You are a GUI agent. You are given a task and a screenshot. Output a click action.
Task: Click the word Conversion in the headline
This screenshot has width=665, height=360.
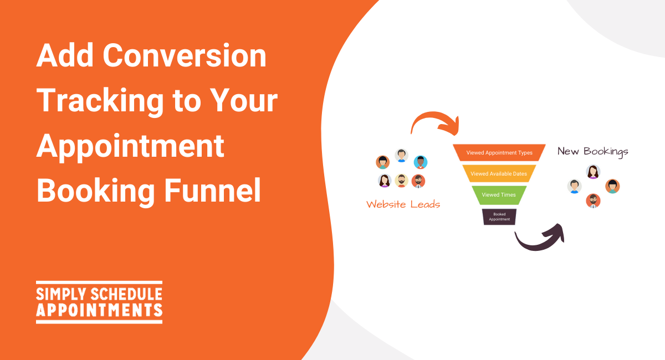pyautogui.click(x=185, y=55)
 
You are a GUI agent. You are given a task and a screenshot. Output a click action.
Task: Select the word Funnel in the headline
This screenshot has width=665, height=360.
pyautogui.click(x=213, y=190)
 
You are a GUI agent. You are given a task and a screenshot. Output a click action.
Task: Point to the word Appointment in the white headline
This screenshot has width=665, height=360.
pyautogui.click(x=130, y=146)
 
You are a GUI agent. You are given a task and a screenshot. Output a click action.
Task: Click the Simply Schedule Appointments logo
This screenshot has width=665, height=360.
pyautogui.click(x=99, y=302)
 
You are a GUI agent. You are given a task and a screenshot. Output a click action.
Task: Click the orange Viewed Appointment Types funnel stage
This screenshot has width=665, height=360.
pyautogui.click(x=499, y=152)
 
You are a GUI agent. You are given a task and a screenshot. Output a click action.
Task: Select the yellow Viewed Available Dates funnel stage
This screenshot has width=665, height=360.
pyautogui.click(x=499, y=173)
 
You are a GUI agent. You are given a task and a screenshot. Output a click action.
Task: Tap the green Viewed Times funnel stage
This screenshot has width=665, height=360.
pyautogui.click(x=499, y=195)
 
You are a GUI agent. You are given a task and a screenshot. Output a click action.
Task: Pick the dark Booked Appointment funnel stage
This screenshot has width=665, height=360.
pyautogui.click(x=499, y=217)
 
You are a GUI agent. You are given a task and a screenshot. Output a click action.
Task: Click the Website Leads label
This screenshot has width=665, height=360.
pyautogui.click(x=403, y=204)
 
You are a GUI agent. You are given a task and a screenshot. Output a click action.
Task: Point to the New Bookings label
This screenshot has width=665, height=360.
pyautogui.click(x=593, y=152)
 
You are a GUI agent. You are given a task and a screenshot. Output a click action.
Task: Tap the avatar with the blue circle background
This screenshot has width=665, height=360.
pyautogui.click(x=421, y=162)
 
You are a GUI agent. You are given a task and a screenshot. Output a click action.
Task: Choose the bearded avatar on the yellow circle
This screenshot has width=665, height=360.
pyautogui.click(x=401, y=181)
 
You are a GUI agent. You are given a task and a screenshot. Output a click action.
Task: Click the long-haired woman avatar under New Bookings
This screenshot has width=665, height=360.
pyautogui.click(x=593, y=172)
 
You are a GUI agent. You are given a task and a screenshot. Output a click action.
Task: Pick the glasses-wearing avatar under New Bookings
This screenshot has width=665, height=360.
pyautogui.click(x=593, y=201)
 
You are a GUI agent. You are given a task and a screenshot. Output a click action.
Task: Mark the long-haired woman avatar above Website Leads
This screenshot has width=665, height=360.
pyautogui.click(x=385, y=181)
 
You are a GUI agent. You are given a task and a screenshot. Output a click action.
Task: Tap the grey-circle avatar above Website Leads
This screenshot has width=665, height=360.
pyautogui.click(x=401, y=156)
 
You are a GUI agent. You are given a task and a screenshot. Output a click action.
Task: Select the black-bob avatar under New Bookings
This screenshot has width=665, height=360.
pyautogui.click(x=612, y=187)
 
